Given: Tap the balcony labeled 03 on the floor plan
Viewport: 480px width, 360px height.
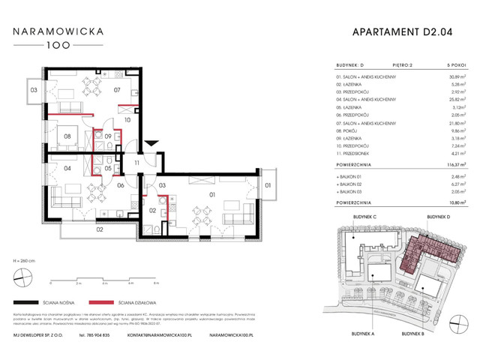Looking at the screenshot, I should [x=34, y=91].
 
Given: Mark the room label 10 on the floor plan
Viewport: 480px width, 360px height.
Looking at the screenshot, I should [x=127, y=118].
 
